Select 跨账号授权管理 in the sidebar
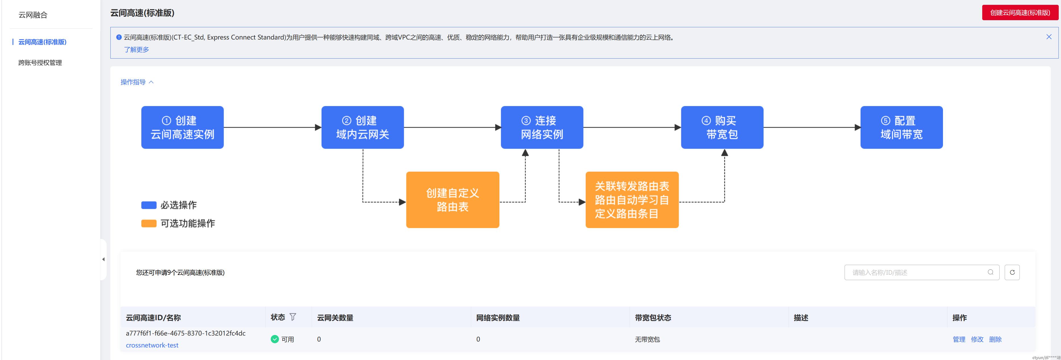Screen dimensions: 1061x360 40,63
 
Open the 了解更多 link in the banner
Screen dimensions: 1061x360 136,49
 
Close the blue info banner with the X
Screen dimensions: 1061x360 1049,37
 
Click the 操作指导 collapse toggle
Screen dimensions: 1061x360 137,82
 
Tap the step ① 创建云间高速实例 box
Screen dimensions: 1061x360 183,127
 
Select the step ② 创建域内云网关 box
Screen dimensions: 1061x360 363,127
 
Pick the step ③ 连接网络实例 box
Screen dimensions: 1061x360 542,127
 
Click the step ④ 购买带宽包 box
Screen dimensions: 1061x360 722,127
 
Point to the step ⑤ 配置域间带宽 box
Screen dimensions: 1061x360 901,127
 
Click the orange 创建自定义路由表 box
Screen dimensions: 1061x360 453,200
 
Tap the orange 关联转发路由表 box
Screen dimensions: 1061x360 632,200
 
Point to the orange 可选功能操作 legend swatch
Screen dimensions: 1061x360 149,223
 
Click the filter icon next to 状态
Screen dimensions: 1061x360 293,317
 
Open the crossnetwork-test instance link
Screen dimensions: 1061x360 152,345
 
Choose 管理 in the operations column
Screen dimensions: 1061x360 959,340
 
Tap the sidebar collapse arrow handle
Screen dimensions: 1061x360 104,259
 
